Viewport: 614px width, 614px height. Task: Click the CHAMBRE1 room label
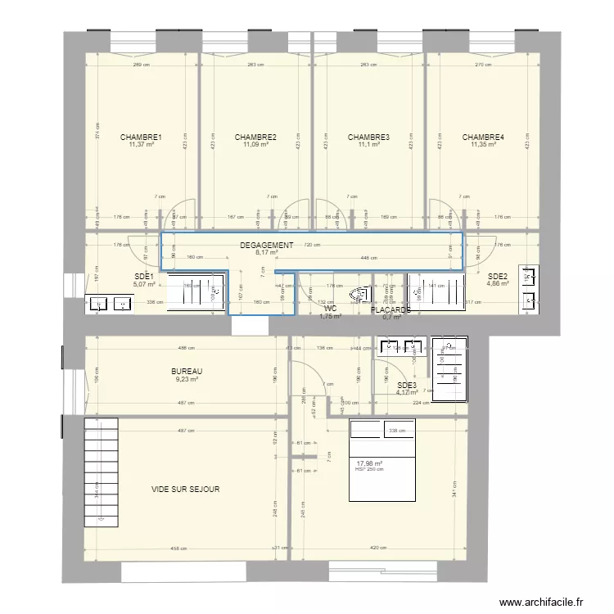point(141,138)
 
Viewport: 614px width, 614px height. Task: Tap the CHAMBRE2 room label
point(255,138)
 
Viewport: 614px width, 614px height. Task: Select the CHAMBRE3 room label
point(368,138)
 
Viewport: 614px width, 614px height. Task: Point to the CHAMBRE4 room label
point(482,138)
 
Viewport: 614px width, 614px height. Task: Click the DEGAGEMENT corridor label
point(266,246)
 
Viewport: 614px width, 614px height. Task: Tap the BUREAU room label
point(188,372)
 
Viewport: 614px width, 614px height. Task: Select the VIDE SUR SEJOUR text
point(185,490)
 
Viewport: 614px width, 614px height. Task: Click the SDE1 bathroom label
point(144,277)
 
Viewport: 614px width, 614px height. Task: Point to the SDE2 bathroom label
point(498,277)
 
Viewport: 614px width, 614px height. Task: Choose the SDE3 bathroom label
point(407,386)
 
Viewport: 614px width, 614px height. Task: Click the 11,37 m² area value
point(141,146)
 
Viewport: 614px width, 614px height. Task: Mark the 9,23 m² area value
point(188,380)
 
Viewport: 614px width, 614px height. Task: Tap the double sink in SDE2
point(532,289)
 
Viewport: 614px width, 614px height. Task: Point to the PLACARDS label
point(391,310)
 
